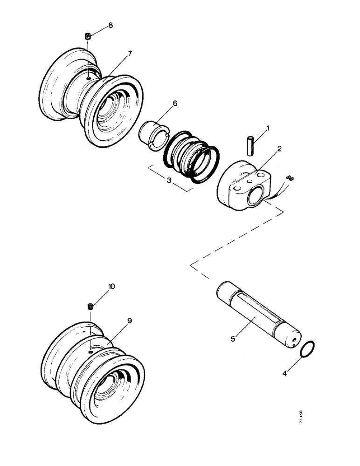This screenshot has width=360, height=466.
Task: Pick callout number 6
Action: point(175,103)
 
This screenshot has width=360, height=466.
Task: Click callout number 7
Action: point(130,53)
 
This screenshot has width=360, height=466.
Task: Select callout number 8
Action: point(111,25)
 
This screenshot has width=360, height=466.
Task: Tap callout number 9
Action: point(129,321)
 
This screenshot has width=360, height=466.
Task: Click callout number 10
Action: point(112,287)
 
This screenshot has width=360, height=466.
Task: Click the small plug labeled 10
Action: point(90,306)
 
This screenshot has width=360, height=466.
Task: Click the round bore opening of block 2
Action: point(256,198)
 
